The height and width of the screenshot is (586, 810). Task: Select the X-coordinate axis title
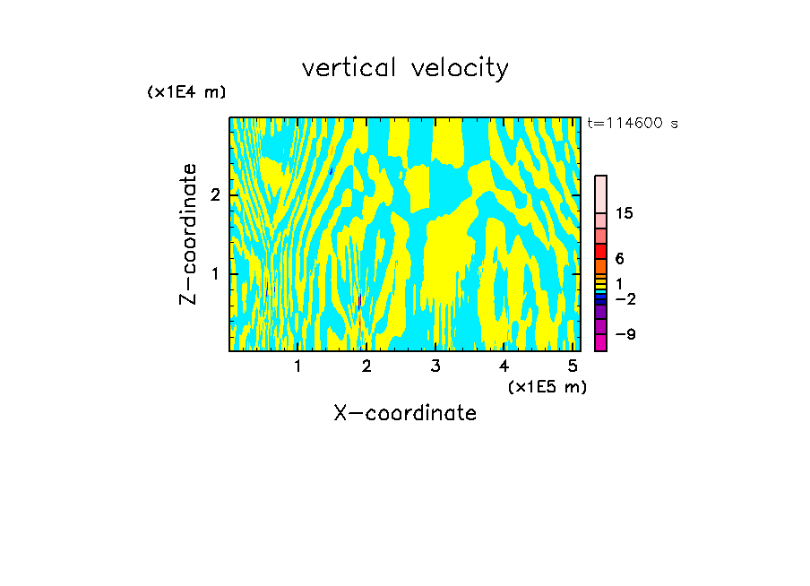405,413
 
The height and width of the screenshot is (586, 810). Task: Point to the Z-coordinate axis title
188,234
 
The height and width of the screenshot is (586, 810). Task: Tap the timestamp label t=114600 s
633,124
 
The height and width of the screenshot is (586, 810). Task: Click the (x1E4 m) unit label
186,92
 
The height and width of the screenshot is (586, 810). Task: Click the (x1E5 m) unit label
547,386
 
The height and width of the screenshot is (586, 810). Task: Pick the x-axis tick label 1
298,366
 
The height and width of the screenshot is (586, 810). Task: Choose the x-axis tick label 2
366,366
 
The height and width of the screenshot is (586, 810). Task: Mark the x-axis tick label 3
435,366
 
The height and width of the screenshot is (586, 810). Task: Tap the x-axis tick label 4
504,366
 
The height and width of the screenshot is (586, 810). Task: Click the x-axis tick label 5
573,366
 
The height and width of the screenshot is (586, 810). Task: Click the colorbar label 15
625,213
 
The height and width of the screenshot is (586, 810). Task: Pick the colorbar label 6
619,259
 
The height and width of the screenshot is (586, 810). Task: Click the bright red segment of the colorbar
600,251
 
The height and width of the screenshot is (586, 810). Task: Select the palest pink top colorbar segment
600,194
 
